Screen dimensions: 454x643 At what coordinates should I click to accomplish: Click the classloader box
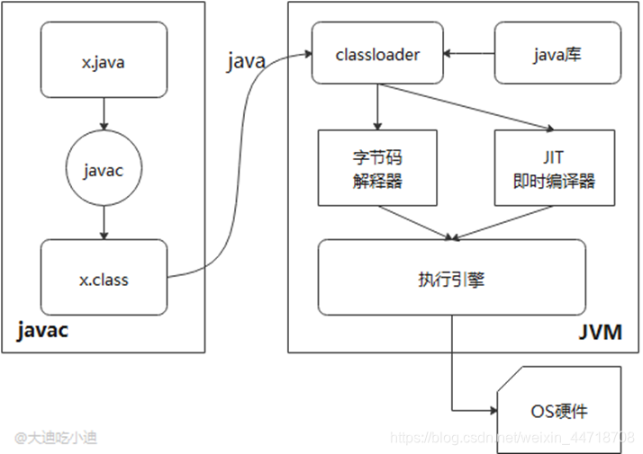(379, 54)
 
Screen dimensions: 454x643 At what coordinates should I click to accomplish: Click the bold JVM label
(599, 333)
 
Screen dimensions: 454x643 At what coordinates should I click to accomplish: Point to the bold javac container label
(42, 331)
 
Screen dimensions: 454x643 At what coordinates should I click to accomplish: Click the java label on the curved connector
(245, 61)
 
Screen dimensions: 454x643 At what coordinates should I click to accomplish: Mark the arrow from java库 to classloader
(468, 54)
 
